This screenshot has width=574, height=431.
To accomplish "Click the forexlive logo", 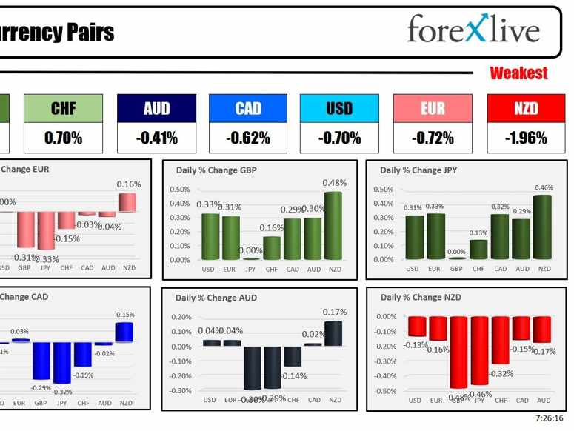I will click(x=473, y=29).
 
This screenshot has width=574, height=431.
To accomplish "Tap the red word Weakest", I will click(x=518, y=73).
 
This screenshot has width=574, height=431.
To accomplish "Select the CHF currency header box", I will click(x=64, y=108).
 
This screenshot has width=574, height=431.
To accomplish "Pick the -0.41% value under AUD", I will click(x=156, y=138).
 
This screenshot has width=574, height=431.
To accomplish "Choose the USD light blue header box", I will click(x=339, y=108).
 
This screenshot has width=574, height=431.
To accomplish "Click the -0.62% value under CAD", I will click(x=248, y=138).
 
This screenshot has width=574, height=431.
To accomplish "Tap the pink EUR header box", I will click(x=433, y=108).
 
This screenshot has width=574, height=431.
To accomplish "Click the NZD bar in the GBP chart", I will click(x=333, y=225).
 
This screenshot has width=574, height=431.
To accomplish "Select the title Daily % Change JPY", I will click(x=418, y=170).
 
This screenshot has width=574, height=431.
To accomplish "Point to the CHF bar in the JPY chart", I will click(x=479, y=249).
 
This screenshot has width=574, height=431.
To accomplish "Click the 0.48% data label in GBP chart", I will click(x=333, y=183).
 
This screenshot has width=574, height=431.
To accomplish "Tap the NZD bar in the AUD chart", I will click(x=334, y=333).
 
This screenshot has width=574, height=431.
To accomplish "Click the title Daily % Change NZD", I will click(x=421, y=298).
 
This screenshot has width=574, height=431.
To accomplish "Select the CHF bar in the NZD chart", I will click(x=501, y=340).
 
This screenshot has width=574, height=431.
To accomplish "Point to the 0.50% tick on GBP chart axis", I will click(x=180, y=190).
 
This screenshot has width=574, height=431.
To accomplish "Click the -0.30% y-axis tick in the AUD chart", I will click(x=181, y=390).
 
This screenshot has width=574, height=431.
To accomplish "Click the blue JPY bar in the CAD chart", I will click(x=61, y=362).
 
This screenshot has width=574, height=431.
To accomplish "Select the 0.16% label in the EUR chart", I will click(x=128, y=184).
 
